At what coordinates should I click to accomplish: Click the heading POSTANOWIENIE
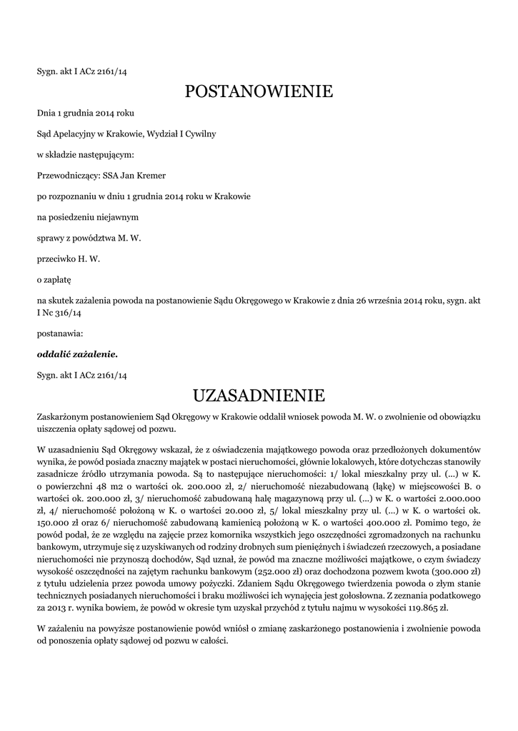pyautogui.click(x=259, y=91)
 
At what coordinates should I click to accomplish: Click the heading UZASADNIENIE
pyautogui.click(x=259, y=395)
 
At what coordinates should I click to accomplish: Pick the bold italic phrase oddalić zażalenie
pyautogui.click(x=77, y=353)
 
